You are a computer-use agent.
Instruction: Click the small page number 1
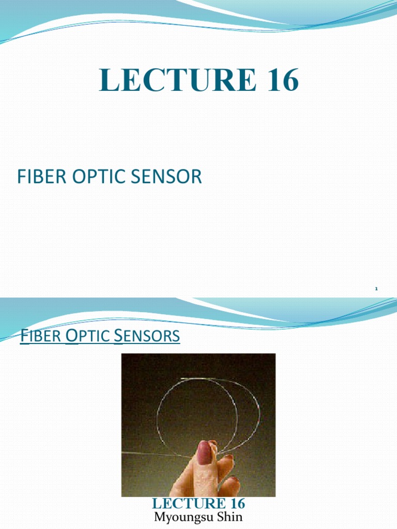pyautogui.click(x=376, y=289)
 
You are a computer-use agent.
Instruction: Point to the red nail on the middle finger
pyautogui.click(x=226, y=458)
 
